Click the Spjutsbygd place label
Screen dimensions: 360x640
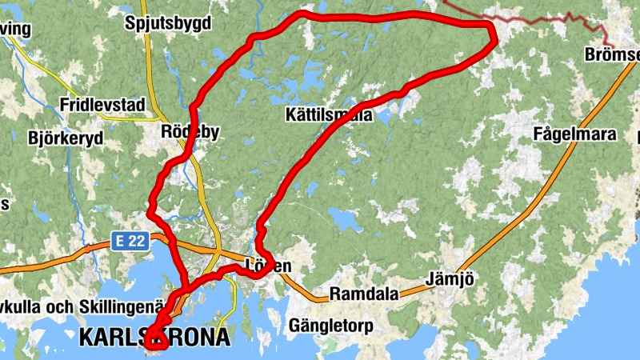(x=168, y=23)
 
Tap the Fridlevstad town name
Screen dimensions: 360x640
(x=102, y=105)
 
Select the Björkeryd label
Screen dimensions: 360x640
(x=66, y=138)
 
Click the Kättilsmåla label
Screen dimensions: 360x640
(x=329, y=115)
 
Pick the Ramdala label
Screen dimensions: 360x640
(x=364, y=294)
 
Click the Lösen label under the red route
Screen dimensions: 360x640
(x=269, y=266)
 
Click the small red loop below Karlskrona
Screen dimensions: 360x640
(x=157, y=342)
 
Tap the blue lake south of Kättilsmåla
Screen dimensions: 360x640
(x=343, y=218)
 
